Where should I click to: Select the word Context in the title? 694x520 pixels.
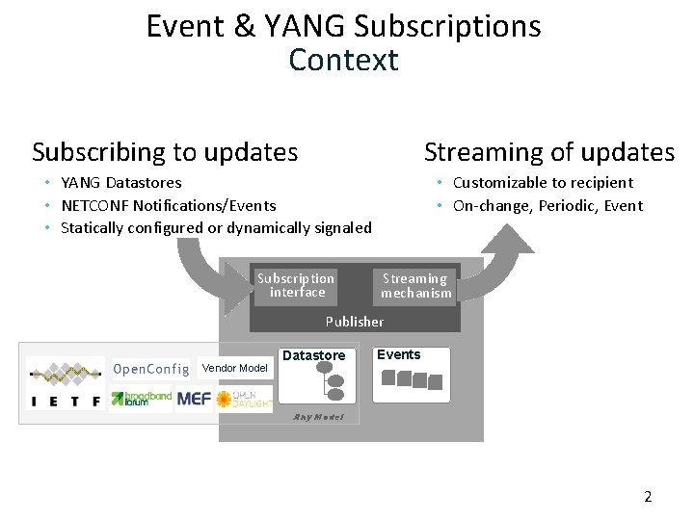pos(343,60)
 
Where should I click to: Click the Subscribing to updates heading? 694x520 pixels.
pos(165,152)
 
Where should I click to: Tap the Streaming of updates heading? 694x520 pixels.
pos(549,152)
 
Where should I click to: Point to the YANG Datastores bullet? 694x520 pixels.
pos(120,182)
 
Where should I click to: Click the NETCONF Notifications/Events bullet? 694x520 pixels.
pos(168,205)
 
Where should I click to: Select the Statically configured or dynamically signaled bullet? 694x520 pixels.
pos(215,228)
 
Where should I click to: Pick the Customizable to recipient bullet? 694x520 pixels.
pos(543,182)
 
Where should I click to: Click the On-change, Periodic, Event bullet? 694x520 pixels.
pos(547,205)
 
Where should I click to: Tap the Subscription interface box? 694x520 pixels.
pos(296,285)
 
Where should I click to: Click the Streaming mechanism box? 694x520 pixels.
pos(415,286)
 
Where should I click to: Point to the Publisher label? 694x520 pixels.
pos(354,322)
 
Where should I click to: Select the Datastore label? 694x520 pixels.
pos(313,355)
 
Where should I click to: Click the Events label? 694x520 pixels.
pos(398,354)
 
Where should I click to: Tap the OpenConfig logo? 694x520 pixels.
pos(150,369)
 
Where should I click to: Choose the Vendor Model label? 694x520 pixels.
pos(234,368)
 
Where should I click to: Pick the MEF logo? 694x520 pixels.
pos(194,399)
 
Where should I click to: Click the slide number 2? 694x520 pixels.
pos(648,497)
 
